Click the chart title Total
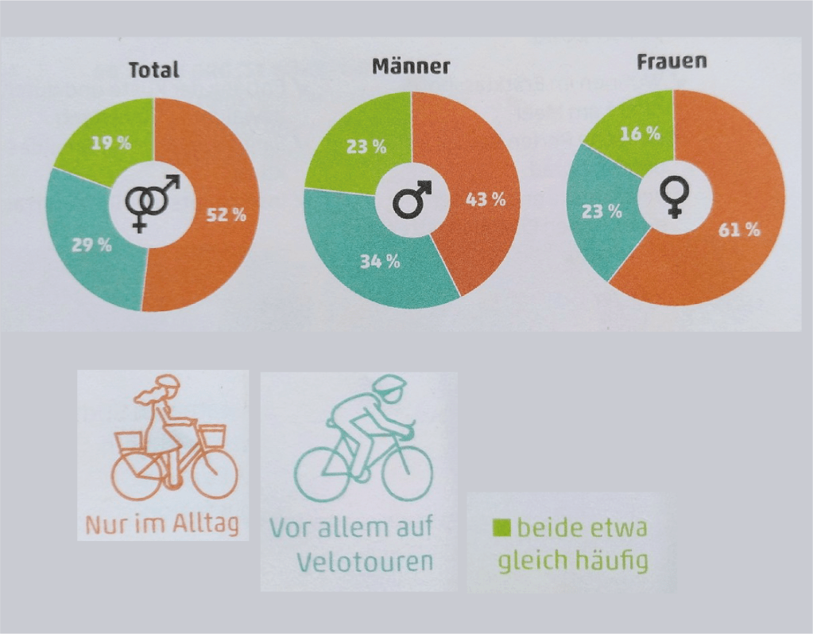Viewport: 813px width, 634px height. (154, 69)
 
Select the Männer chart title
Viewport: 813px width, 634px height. (410, 65)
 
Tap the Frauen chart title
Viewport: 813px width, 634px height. (672, 60)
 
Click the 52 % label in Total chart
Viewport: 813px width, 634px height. (226, 216)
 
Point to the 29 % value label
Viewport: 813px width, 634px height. (93, 244)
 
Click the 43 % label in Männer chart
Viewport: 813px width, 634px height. (485, 200)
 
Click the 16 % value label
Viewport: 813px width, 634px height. (641, 133)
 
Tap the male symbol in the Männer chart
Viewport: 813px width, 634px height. (412, 199)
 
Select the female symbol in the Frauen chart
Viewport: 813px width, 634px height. (674, 196)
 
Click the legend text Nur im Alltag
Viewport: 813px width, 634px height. (162, 524)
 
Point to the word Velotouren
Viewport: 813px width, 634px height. (365, 561)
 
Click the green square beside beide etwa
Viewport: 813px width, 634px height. (502, 527)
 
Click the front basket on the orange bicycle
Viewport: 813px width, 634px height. (211, 435)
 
